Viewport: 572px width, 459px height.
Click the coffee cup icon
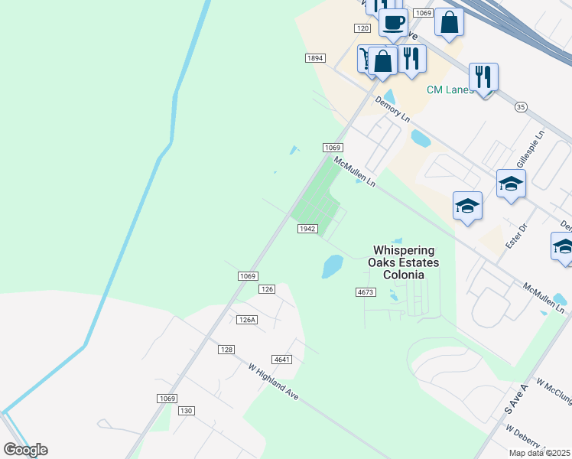pos(393,24)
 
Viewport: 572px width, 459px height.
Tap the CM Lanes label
pos(450,90)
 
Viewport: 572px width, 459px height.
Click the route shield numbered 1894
pos(315,58)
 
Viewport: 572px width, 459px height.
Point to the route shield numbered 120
pos(362,28)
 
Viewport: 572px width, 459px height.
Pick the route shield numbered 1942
pos(307,229)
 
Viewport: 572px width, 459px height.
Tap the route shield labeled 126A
pos(246,320)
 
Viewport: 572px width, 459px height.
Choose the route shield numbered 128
pos(226,349)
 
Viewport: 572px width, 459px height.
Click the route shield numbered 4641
pos(282,359)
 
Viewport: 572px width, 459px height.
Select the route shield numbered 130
pos(186,411)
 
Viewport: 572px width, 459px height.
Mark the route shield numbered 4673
pos(366,292)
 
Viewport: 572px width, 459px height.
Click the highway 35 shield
pos(521,106)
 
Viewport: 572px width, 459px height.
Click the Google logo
pos(25,449)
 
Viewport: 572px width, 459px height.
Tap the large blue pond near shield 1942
pos(332,266)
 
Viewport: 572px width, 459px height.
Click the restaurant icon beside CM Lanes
pos(483,77)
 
